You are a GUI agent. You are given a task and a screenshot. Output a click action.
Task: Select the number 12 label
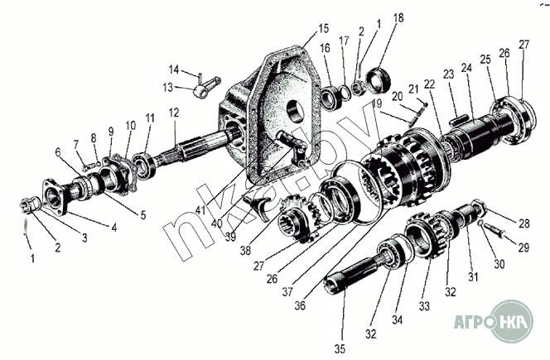coord(174,113)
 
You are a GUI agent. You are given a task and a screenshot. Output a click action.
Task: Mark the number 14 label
coord(174,69)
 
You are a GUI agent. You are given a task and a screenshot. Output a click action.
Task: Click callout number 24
coord(467,68)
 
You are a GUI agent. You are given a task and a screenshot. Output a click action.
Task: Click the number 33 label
coord(425,305)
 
